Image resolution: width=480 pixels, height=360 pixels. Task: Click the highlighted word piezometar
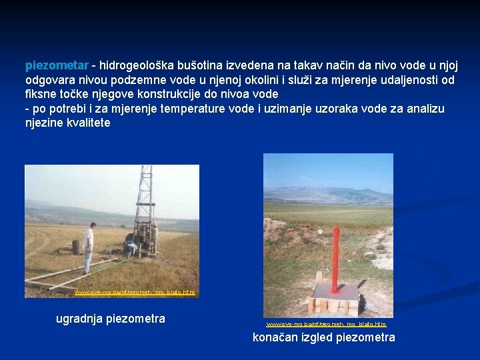pyautogui.click(x=57, y=65)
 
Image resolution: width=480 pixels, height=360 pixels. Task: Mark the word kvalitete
pyautogui.click(x=85, y=123)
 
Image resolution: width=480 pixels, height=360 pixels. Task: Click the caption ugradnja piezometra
pyautogui.click(x=110, y=319)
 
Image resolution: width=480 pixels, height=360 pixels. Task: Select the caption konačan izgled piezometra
pyautogui.click(x=323, y=337)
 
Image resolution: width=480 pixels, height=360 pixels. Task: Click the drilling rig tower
pyautogui.click(x=144, y=200)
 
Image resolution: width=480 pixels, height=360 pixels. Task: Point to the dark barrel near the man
pyautogui.click(x=76, y=247)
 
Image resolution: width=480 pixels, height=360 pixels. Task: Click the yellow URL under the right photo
pyautogui.click(x=326, y=324)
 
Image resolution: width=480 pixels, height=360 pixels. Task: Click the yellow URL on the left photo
pyautogui.click(x=134, y=293)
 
